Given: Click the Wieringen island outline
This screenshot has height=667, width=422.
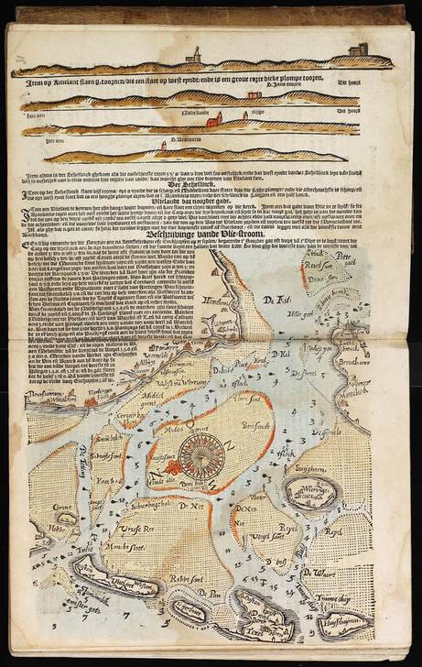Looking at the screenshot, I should pyautogui.click(x=310, y=495).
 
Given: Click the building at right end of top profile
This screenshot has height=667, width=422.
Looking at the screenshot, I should pyautogui.click(x=359, y=49).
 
